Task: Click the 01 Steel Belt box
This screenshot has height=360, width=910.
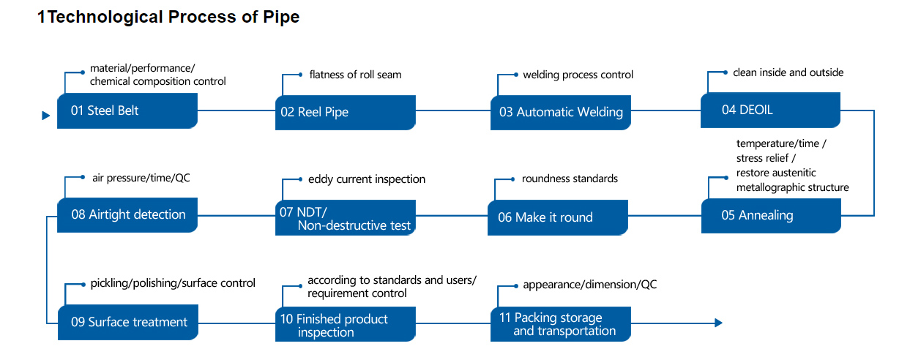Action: tap(127, 110)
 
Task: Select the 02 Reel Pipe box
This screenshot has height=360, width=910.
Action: tap(346, 113)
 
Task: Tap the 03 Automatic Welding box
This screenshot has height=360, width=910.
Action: tap(561, 113)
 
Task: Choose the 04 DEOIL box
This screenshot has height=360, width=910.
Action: tap(770, 110)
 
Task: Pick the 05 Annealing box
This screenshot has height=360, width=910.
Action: tap(771, 216)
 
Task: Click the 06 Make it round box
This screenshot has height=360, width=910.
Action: tap(558, 217)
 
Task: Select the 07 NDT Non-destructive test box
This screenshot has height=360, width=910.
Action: tap(346, 217)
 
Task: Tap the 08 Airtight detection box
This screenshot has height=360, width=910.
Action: tap(127, 215)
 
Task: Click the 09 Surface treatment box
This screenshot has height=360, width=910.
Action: tap(128, 322)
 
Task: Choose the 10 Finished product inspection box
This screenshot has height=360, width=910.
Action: tap(346, 324)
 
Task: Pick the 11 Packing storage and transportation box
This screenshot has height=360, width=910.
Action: tap(561, 324)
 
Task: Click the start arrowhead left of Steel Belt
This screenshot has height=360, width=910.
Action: tap(46, 116)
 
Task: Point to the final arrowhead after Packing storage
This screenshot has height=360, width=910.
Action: tap(718, 323)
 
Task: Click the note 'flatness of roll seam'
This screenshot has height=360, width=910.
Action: tap(356, 75)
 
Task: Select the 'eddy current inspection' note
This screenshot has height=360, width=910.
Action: tap(367, 179)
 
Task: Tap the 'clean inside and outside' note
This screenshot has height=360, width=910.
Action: tap(788, 72)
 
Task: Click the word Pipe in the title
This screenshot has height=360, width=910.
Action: tap(281, 18)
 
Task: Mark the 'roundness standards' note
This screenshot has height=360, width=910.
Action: tap(570, 179)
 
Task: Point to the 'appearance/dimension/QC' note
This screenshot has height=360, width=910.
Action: tap(590, 285)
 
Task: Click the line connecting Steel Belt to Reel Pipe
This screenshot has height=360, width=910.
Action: tap(236, 110)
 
